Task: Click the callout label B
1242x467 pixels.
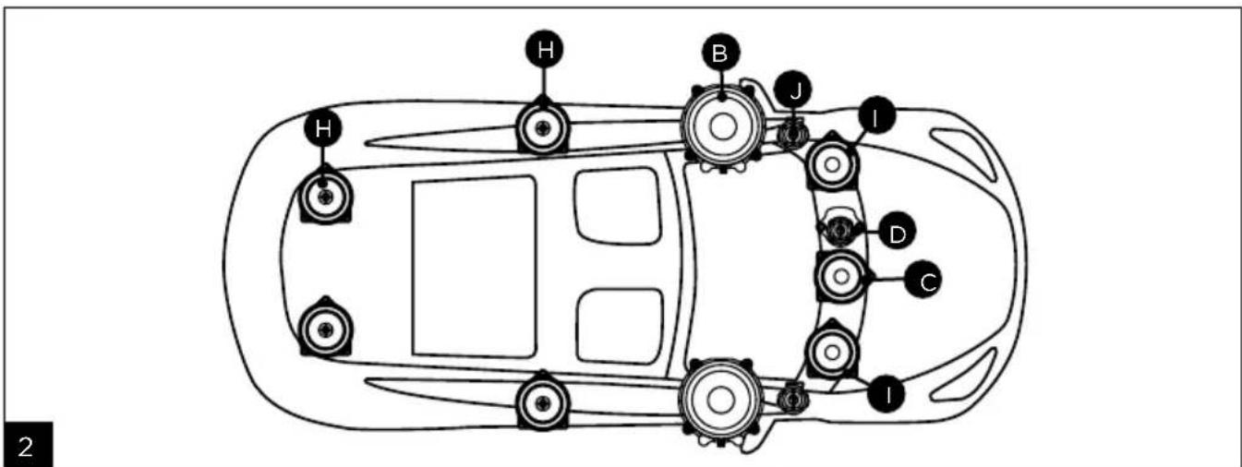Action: [x=719, y=54]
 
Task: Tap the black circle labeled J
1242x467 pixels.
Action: [x=795, y=90]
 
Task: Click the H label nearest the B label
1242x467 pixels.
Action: [x=545, y=50]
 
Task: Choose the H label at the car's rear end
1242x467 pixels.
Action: [x=322, y=128]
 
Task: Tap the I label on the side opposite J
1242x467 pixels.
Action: [x=886, y=394]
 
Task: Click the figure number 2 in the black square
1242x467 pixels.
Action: [x=26, y=447]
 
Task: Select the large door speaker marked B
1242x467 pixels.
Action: [x=722, y=126]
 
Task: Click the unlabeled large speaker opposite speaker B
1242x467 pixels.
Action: [x=721, y=400]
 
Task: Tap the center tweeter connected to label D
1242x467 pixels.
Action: [x=838, y=229]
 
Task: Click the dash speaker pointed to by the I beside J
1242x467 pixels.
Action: [x=831, y=164]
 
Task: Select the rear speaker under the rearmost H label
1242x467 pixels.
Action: [x=325, y=196]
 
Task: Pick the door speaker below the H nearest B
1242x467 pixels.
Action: [x=543, y=128]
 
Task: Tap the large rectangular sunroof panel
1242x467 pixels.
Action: [x=474, y=267]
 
